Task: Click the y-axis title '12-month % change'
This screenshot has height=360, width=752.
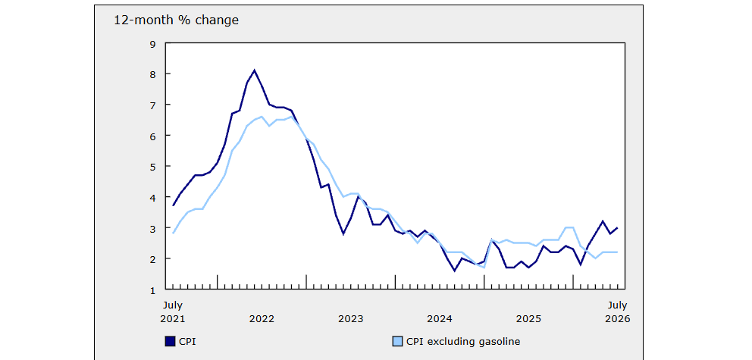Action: (x=176, y=20)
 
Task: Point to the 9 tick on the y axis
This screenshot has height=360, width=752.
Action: (x=153, y=44)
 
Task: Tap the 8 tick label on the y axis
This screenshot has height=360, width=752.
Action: (x=153, y=74)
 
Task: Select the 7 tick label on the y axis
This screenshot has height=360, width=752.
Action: (x=153, y=105)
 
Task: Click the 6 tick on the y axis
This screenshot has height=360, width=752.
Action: (x=153, y=136)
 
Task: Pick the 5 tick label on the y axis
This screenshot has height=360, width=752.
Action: (x=153, y=167)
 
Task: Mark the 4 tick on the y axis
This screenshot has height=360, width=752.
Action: (x=153, y=198)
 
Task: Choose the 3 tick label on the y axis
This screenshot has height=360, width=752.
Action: (x=153, y=228)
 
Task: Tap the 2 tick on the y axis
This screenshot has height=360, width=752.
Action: (x=153, y=259)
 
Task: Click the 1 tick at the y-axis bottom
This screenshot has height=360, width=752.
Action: (x=153, y=290)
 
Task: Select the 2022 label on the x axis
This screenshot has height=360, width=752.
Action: (x=262, y=319)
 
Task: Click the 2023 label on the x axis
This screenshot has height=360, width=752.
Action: (x=350, y=319)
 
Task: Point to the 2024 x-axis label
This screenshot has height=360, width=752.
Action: (x=440, y=319)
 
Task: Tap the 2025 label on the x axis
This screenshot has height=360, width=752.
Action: (x=529, y=319)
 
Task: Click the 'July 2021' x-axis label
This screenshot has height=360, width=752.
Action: (x=173, y=312)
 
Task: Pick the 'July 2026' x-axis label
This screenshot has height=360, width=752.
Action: (x=617, y=312)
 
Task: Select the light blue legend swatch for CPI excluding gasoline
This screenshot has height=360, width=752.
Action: (x=397, y=341)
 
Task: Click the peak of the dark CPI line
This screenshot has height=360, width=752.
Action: (x=254, y=70)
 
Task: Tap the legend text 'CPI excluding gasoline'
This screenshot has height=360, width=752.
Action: (x=463, y=342)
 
